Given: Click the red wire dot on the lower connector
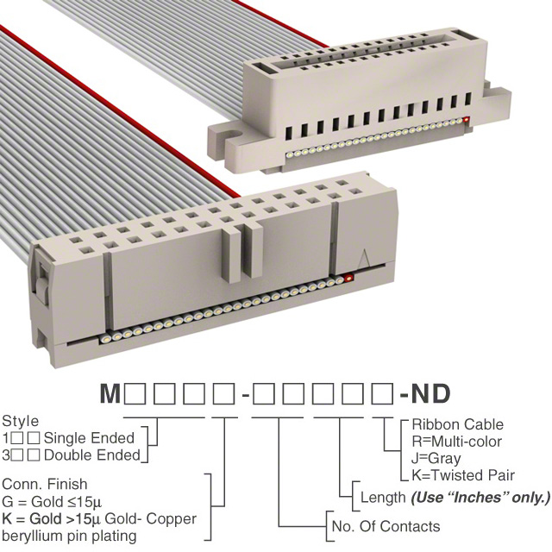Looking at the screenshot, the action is tap(348, 278).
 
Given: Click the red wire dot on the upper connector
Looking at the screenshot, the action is tap(467, 120).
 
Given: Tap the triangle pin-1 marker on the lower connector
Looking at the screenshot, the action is tap(364, 261).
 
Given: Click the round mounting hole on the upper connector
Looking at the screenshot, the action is tap(232, 135).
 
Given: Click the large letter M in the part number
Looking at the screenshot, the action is tap(110, 393).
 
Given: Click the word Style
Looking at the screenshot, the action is tap(20, 421).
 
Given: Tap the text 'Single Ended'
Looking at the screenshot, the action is tap(89, 438).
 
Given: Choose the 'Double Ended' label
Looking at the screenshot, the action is tap(92, 455).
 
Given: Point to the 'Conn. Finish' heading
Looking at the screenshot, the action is tap(44, 484).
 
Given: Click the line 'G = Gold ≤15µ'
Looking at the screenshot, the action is tap(52, 502).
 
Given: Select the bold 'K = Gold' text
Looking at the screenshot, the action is tap(32, 518).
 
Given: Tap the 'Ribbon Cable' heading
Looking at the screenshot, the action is tap(457, 424).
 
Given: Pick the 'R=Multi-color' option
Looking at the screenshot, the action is tap(456, 441).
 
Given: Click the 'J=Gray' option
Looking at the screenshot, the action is tap(436, 458).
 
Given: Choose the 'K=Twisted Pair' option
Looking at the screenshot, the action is tap(463, 475).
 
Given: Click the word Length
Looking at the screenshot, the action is tap(383, 498).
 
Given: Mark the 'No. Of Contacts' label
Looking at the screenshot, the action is tap(386, 526).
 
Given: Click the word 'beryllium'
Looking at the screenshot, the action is tap(32, 536).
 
